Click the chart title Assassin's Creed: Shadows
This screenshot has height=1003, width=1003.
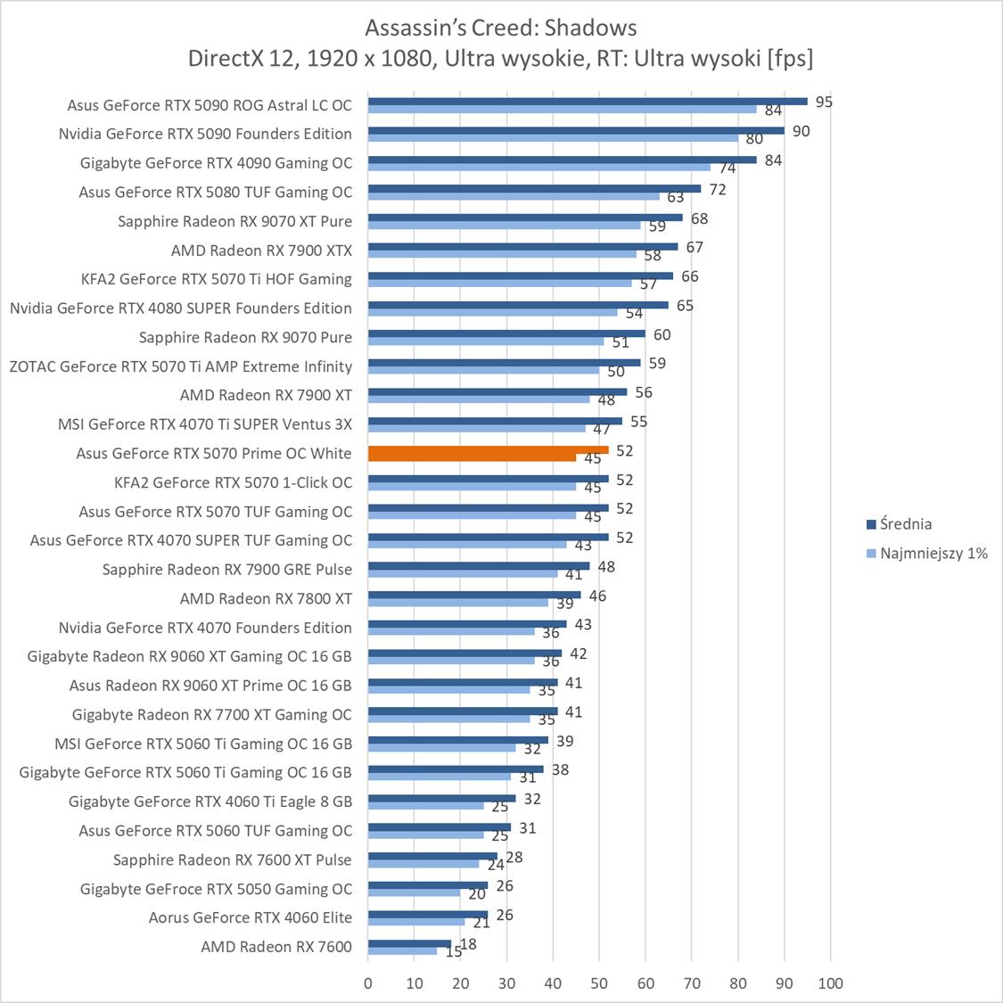coord(500,28)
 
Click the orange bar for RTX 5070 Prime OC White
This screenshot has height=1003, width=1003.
coord(488,450)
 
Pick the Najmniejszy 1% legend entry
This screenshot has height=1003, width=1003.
coord(933,554)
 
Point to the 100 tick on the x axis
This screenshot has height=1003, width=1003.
coord(830,983)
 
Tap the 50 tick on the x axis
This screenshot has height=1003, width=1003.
coord(599,983)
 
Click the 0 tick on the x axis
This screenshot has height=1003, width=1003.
coord(368,983)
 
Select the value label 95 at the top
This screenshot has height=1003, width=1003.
coord(824,103)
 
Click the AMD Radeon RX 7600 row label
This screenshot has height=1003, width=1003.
coord(276,947)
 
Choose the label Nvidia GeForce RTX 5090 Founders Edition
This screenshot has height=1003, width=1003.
coord(205,134)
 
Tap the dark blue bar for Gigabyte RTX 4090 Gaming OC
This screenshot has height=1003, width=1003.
coord(562,160)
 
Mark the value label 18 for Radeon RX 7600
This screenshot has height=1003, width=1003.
coord(468,944)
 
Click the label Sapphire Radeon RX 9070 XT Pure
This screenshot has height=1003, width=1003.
coord(234,221)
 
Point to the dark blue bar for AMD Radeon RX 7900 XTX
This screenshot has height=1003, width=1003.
coord(522,247)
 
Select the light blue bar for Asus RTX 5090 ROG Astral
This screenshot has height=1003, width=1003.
coord(562,110)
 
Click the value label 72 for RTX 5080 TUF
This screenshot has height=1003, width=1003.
coord(717,190)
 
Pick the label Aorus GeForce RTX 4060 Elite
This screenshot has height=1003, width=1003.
coord(251,917)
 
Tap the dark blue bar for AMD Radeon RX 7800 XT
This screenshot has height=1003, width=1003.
coord(474,595)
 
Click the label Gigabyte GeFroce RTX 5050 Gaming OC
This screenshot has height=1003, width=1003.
coord(216,889)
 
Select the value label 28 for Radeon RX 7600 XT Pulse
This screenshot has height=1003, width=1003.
coord(514,858)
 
